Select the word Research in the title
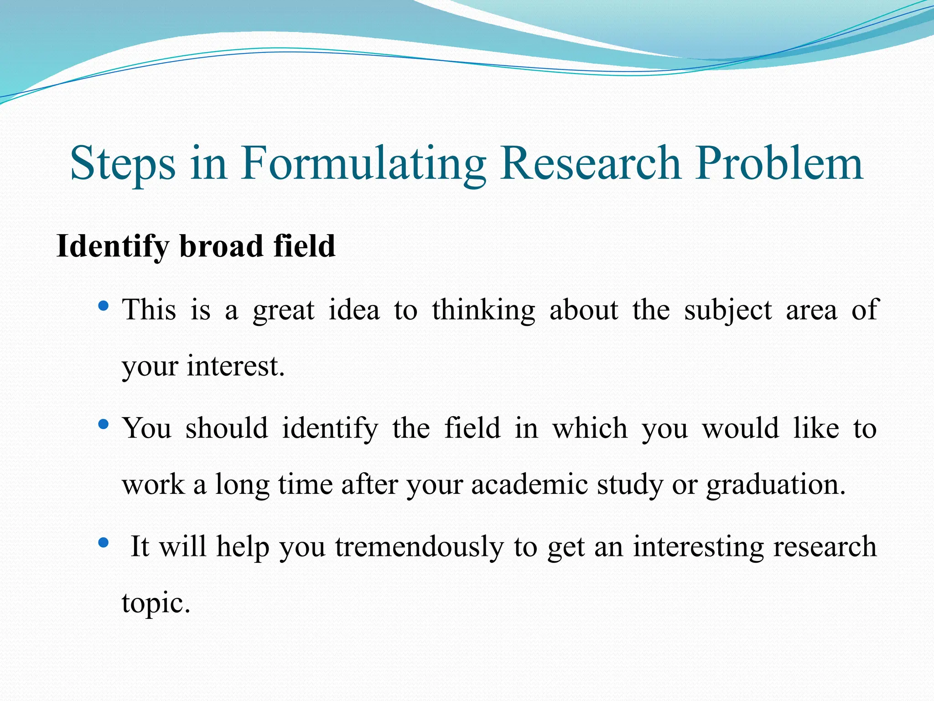[590, 163]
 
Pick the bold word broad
[221, 246]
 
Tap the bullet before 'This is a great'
[104, 306]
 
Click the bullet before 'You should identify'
[104, 425]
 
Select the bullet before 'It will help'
[104, 543]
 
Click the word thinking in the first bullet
[483, 311]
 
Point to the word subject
[728, 311]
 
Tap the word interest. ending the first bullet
[235, 366]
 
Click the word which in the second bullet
[590, 429]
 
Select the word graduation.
[776, 485]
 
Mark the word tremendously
[419, 547]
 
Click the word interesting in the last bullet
[697, 547]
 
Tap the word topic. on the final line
[156, 603]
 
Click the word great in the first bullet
[283, 311]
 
